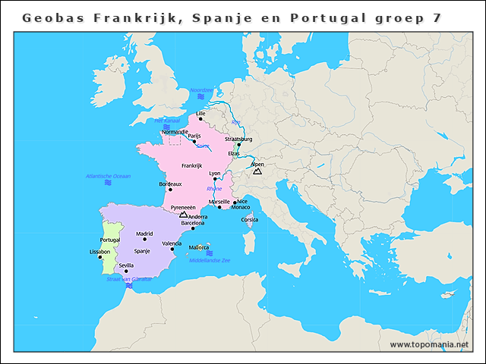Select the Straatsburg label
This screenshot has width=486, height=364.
238,140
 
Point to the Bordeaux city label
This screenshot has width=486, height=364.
170,184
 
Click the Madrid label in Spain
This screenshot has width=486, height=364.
144,234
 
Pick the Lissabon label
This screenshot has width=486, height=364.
99,251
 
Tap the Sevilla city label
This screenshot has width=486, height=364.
126,265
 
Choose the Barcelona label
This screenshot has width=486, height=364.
192,223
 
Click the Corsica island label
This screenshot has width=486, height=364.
249,220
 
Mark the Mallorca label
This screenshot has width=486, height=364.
199,247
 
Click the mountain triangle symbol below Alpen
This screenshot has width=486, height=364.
257,172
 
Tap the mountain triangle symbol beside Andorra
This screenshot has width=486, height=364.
182,215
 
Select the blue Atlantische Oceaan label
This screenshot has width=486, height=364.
109,176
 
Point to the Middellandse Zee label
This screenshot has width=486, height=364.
210,260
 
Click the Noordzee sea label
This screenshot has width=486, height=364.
202,89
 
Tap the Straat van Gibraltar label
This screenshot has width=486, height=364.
129,279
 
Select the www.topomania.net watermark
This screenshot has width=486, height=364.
429,344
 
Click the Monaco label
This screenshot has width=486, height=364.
240,207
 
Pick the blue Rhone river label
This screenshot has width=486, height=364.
214,188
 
